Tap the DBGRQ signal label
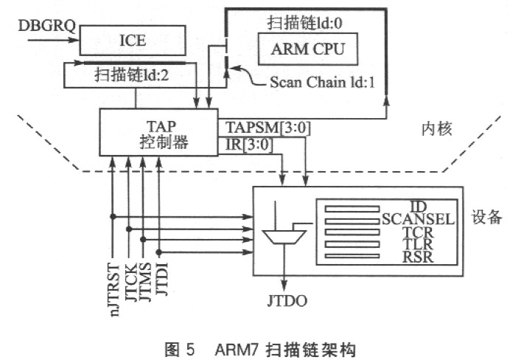click(47, 26)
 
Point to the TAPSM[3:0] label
click(268, 128)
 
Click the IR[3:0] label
click(249, 145)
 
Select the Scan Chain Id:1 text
click(322, 82)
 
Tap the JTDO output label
click(287, 300)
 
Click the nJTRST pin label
click(113, 290)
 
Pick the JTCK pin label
click(130, 283)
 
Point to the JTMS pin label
click(145, 282)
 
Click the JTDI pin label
click(161, 279)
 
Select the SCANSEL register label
click(418, 219)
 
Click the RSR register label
click(418, 257)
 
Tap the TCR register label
click(418, 232)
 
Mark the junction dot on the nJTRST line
click(113, 216)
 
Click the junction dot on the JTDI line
click(158, 252)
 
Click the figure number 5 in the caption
click(190, 350)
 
